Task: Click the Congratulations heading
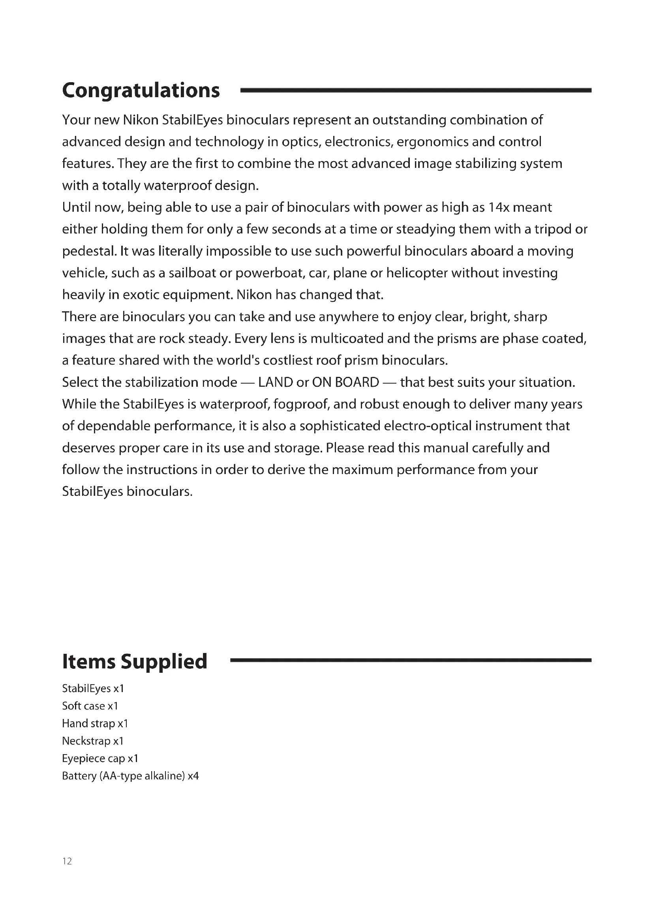141,90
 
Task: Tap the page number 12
67,861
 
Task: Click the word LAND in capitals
276,382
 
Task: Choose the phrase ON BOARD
345,382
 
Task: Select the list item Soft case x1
90,706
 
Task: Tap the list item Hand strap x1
95,723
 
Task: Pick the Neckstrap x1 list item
92,741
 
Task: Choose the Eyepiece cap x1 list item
100,758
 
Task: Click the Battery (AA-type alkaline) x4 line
130,776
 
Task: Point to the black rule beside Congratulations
415,90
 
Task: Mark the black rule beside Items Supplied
410,660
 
